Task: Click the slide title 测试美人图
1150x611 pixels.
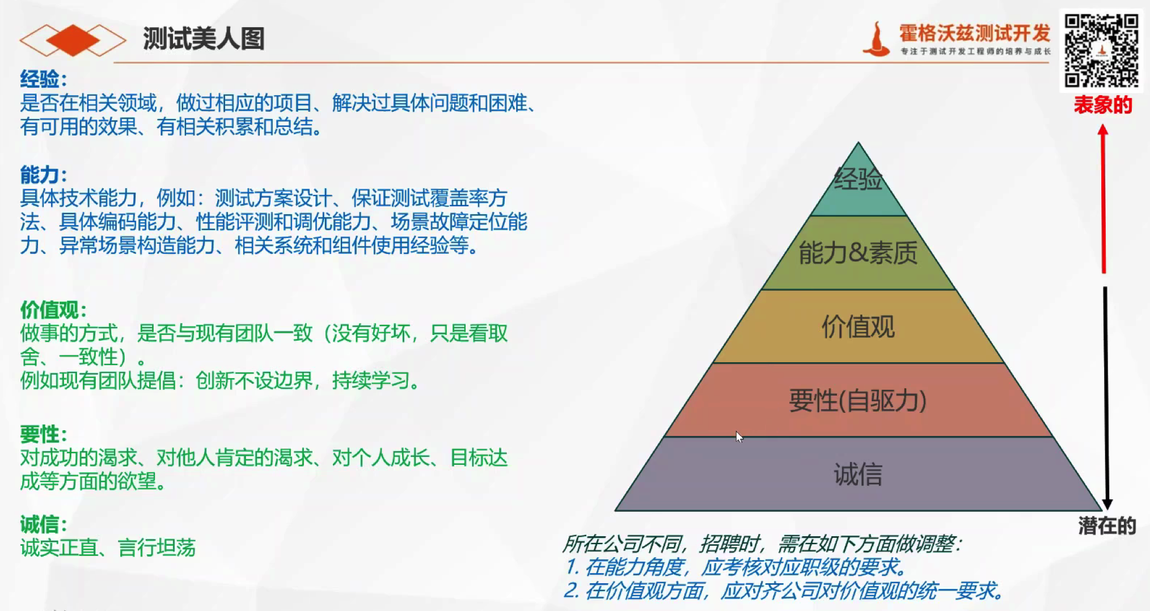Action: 204,39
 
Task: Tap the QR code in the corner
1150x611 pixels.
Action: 1101,50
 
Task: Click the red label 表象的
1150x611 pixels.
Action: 1102,105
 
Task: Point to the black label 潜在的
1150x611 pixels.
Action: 1107,526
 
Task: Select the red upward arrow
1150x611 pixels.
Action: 1103,198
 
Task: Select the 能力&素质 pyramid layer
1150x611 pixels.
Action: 858,253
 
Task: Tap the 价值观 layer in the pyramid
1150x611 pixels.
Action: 858,326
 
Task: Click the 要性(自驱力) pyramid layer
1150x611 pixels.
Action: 858,400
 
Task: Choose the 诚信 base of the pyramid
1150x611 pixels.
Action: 858,474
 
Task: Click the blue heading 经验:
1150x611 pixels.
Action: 44,79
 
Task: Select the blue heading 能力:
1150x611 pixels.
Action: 44,175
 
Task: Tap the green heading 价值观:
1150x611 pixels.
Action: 53,310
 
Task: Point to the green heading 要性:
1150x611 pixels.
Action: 44,434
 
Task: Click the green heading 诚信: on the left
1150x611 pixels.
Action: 44,524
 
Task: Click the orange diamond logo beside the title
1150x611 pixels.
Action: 73,40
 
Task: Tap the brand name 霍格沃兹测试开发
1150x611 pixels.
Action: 975,33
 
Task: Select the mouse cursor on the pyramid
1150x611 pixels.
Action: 739,437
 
